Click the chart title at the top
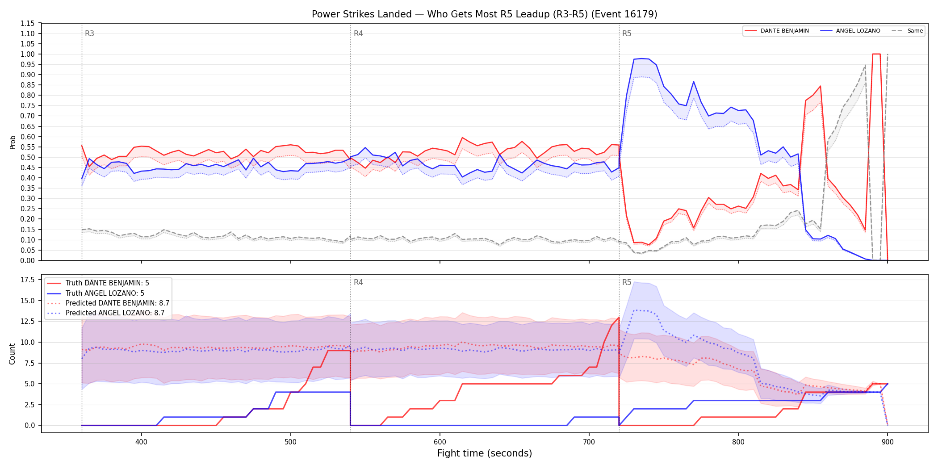[x=485, y=14]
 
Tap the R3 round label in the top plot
[x=89, y=33]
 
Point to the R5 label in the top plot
[x=627, y=33]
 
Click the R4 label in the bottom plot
[x=358, y=282]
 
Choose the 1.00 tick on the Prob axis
[x=28, y=54]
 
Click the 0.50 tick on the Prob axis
[x=28, y=157]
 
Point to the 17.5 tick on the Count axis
[x=28, y=280]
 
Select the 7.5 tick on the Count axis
[x=30, y=363]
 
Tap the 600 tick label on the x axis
[x=440, y=442]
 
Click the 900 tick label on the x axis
[x=888, y=442]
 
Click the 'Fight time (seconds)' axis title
[x=485, y=453]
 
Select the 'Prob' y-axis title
[x=13, y=142]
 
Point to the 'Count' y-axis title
[x=13, y=354]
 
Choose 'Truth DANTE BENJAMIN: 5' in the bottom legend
[x=107, y=283]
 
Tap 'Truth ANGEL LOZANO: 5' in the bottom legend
[x=105, y=293]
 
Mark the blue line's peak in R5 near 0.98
[x=641, y=59]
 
